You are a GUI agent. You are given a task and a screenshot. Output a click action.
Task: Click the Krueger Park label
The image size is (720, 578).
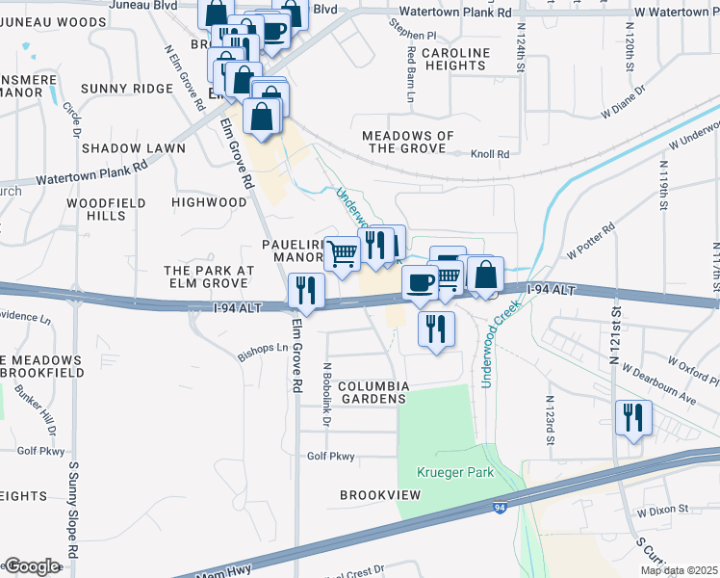pos(455,472)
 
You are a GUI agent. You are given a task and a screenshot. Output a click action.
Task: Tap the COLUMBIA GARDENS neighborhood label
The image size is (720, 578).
pos(375,392)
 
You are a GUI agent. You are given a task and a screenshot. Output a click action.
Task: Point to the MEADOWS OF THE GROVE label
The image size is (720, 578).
pos(407,142)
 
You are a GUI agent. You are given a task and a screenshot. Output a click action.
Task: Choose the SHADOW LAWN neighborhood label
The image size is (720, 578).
pos(133,148)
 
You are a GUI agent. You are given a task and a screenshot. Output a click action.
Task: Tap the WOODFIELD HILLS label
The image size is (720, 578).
pos(105,209)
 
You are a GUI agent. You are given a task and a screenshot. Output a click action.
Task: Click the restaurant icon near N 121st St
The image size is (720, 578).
pos(633,418)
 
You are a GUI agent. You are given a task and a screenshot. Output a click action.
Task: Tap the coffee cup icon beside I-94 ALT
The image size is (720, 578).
pos(419,282)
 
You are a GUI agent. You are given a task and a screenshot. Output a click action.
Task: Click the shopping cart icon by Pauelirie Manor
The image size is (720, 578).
pos(342,253)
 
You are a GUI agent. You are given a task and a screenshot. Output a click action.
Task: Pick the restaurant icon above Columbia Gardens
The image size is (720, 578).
pos(436,328)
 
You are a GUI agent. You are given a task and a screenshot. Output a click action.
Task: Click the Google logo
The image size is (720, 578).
pos(31,566)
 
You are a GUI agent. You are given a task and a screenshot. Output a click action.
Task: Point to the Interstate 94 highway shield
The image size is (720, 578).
pos(500,507)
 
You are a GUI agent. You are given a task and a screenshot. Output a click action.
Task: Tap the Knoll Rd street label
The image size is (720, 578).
pos(489,153)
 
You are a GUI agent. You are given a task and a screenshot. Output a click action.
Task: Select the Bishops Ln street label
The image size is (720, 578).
pos(262,354)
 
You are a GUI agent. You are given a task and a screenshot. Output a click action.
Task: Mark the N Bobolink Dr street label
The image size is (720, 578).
pos(327,395)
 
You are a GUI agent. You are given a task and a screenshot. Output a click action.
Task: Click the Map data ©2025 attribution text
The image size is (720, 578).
pos(679,570)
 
